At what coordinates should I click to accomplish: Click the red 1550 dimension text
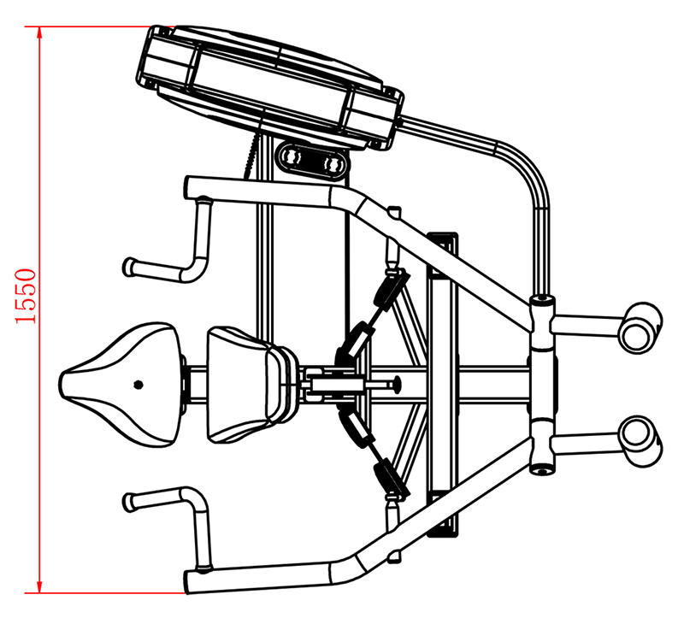click(26, 297)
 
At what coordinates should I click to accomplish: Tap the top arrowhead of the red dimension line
click(39, 32)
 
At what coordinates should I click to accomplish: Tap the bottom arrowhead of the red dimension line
click(39, 586)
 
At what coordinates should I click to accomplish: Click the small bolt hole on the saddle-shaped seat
click(139, 385)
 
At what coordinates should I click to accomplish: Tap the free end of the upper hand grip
click(129, 267)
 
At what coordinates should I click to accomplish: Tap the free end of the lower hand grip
click(130, 502)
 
